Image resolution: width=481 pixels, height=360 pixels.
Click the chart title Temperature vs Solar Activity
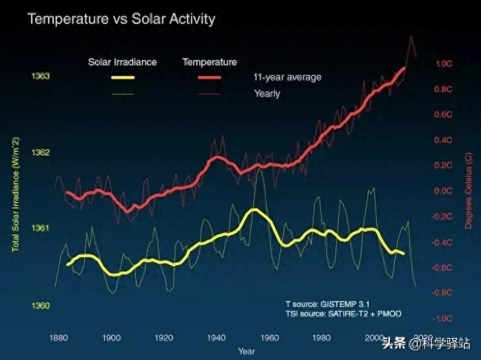(x=121, y=19)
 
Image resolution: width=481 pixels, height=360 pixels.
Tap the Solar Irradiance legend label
(x=122, y=62)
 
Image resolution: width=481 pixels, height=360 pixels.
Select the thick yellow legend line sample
(x=123, y=78)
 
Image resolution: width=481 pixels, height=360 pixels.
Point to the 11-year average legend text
(x=287, y=77)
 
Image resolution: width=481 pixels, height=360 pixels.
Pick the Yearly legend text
(x=267, y=94)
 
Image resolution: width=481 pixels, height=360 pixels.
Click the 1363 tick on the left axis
(x=40, y=77)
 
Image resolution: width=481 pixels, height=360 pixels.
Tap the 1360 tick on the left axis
(x=40, y=306)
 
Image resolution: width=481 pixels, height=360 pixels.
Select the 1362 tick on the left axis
(x=40, y=153)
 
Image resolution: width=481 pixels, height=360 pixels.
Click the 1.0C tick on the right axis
(x=443, y=64)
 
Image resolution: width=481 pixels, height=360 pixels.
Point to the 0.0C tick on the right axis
(x=443, y=191)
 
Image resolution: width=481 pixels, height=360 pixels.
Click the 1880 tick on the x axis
(x=59, y=338)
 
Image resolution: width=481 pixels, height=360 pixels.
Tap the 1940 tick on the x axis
(x=216, y=338)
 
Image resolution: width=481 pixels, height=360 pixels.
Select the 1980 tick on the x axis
(x=322, y=338)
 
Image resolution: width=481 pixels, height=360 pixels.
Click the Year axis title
(x=246, y=351)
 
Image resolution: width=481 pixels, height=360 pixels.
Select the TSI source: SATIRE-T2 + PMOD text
(x=343, y=314)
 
